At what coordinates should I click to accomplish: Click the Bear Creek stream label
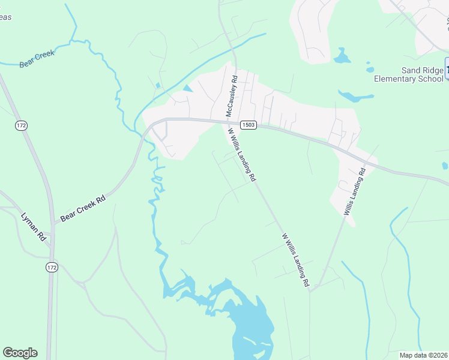(37, 58)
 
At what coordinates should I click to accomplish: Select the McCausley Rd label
(232, 95)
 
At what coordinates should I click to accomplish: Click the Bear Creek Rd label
(83, 208)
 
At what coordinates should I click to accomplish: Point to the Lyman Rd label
(34, 227)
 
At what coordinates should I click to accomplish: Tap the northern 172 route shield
(22, 125)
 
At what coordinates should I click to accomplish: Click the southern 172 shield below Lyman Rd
(53, 268)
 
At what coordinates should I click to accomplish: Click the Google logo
(20, 353)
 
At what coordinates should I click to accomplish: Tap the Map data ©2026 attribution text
(424, 355)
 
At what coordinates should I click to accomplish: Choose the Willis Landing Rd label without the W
(354, 192)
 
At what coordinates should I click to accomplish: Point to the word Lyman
(31, 223)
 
